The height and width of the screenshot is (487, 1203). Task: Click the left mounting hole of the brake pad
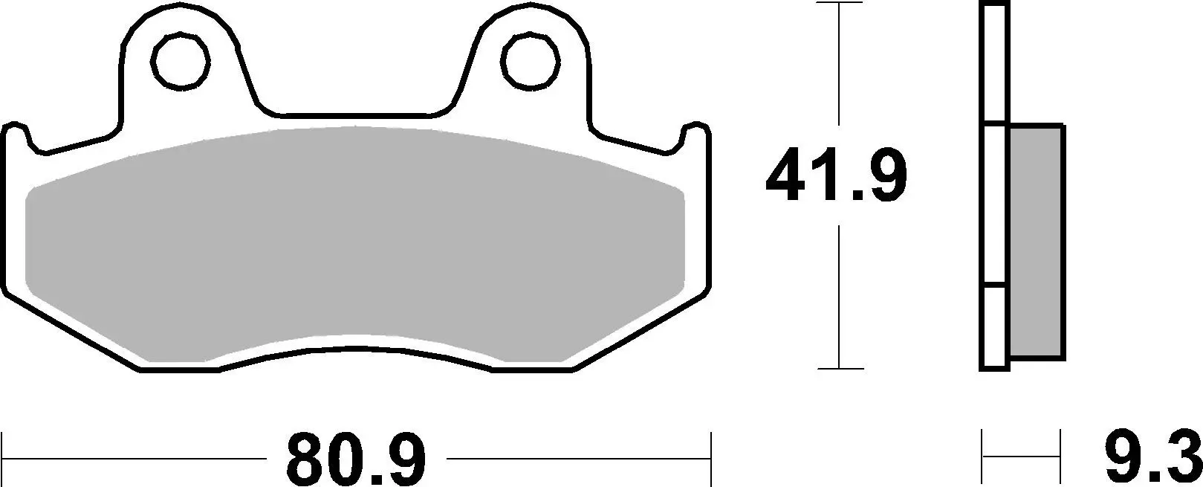[x=179, y=58]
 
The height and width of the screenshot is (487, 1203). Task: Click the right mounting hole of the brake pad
[x=530, y=58]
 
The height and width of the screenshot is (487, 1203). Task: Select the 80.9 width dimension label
[x=357, y=460]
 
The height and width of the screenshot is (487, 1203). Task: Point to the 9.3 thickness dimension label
[x=1151, y=460]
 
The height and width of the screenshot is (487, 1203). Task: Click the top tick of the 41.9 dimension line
[x=840, y=4]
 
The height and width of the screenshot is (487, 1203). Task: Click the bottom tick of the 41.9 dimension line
[x=840, y=368]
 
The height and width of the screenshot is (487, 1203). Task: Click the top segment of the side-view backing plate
[x=995, y=63]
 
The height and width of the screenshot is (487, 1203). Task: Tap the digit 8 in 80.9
[x=305, y=460]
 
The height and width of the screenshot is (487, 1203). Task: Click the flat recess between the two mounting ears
[x=357, y=115]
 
